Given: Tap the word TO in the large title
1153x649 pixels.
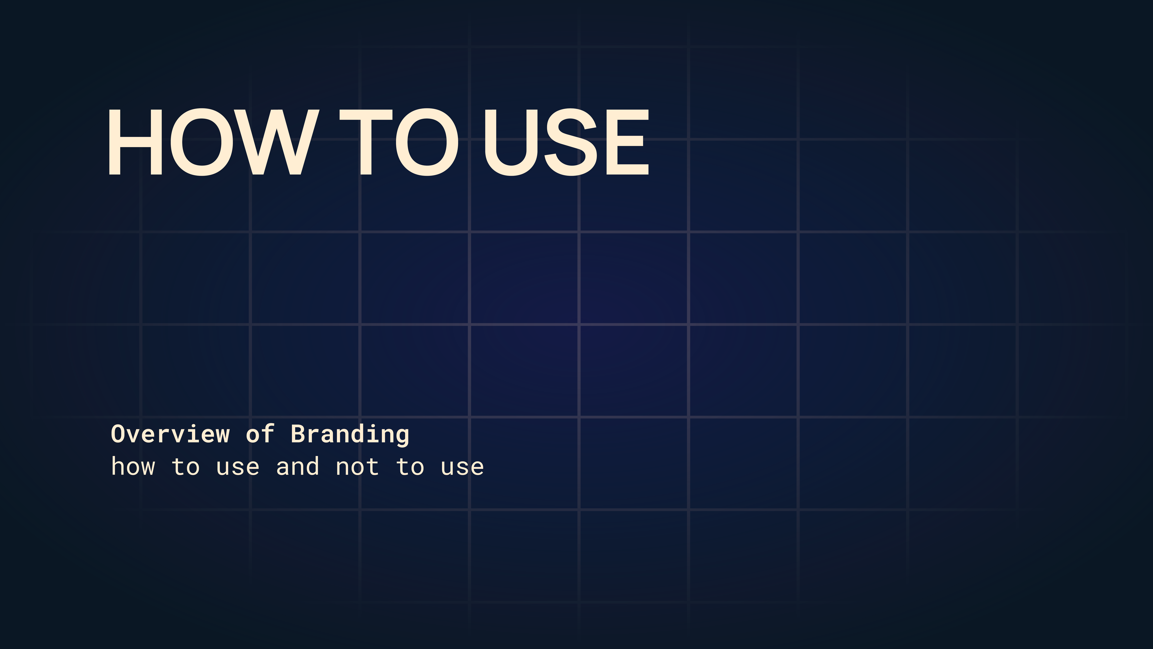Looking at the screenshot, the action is [399, 142].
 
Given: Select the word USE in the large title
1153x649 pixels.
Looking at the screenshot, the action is [566, 142].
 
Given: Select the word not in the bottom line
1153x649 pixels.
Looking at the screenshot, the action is [357, 467].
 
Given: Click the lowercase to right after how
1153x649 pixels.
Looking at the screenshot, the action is [186, 467].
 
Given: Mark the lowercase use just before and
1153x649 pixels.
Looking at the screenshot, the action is [238, 468].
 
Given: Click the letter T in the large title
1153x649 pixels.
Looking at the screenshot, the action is [366, 142].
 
